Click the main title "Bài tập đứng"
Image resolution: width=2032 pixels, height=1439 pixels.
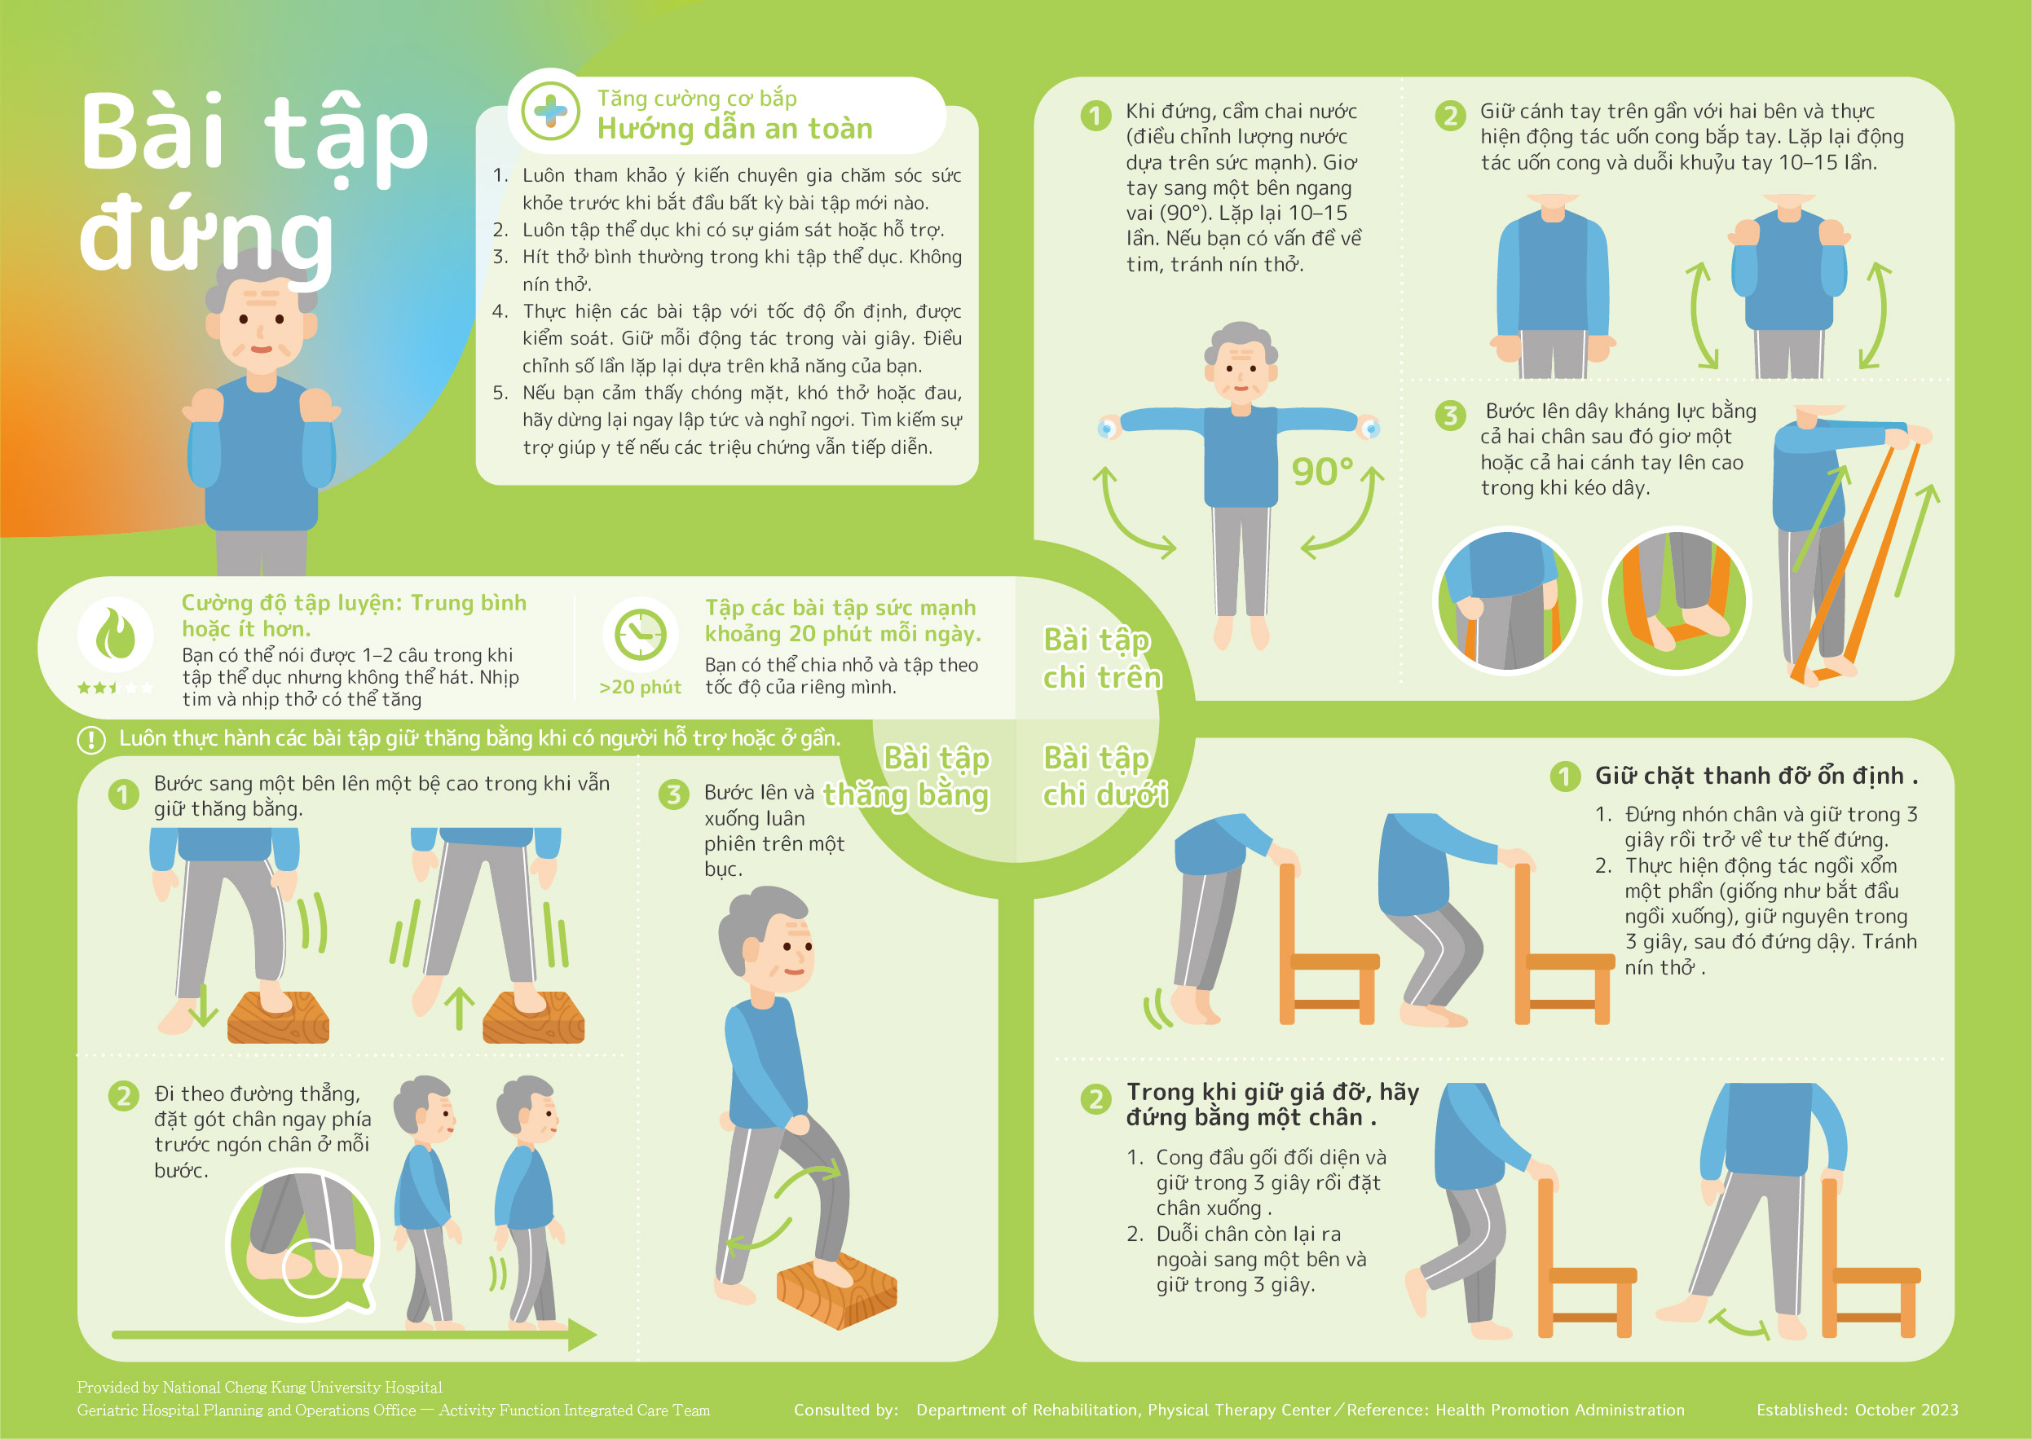(x=254, y=182)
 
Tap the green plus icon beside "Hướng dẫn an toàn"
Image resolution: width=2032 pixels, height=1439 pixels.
(x=550, y=112)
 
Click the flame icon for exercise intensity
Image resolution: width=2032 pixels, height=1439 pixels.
(x=115, y=635)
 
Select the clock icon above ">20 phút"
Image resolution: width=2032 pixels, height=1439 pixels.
(x=640, y=635)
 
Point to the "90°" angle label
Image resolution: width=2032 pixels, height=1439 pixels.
(x=1322, y=472)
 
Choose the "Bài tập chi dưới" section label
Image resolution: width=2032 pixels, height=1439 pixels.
(x=1105, y=776)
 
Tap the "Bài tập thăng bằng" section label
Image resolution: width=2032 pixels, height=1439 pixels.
(x=906, y=776)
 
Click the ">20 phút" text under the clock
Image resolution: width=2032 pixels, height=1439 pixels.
(x=640, y=688)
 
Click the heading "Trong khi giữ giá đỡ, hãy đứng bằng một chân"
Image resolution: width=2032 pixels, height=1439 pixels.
(x=1272, y=1104)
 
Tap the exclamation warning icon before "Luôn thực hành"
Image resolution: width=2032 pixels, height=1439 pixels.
(x=91, y=739)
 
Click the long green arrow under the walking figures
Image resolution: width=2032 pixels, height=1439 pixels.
(x=355, y=1335)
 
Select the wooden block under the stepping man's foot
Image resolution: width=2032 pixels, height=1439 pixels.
(x=836, y=1289)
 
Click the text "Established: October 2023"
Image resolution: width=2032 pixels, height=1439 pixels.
(x=1858, y=1410)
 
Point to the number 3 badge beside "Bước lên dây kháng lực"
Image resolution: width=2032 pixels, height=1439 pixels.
(x=1450, y=415)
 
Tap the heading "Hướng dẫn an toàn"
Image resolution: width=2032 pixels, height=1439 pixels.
(x=734, y=130)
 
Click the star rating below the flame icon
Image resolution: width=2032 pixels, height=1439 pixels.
(x=115, y=688)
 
